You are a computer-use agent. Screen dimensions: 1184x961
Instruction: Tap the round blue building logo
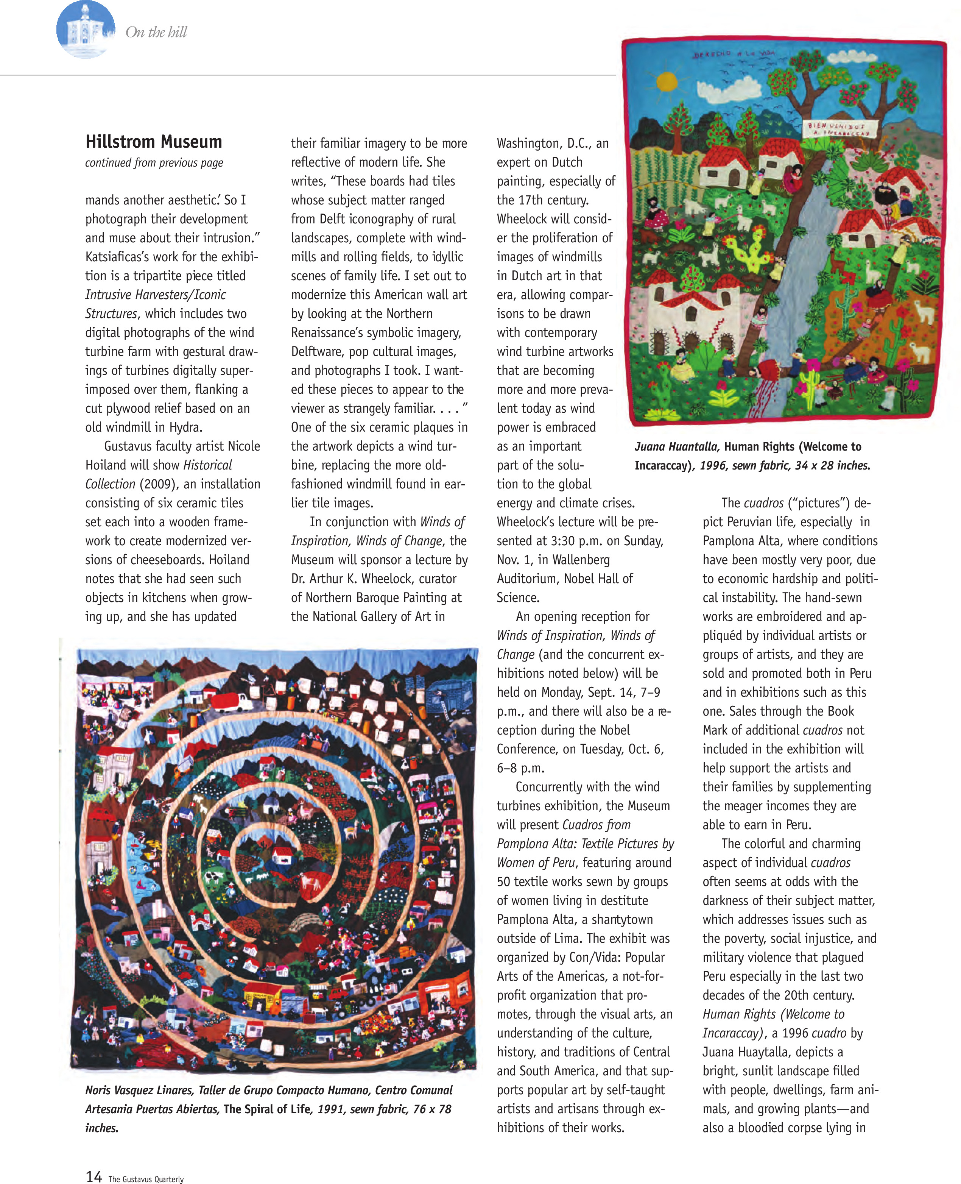(86, 30)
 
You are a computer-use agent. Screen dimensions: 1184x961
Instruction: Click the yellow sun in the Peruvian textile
(667, 81)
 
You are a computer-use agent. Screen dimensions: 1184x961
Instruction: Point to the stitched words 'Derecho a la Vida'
(734, 54)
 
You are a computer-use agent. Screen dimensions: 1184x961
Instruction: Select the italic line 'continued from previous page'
(154, 163)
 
